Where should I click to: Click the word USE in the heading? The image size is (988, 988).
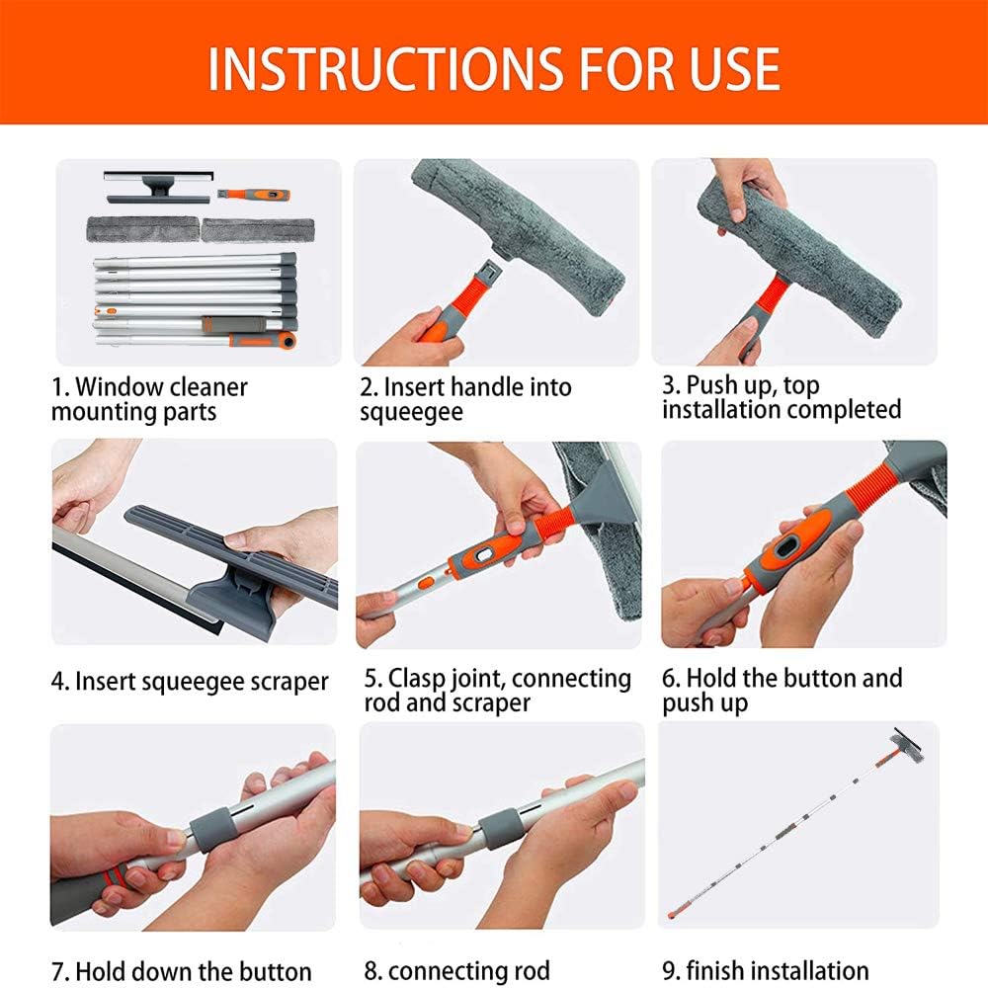[734, 68]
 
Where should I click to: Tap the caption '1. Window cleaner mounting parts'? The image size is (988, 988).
[149, 399]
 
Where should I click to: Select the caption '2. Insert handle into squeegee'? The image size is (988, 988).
[465, 399]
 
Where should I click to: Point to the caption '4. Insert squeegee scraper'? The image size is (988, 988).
[190, 682]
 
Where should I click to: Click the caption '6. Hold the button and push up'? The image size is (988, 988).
[782, 690]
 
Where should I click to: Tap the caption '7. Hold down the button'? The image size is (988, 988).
[182, 971]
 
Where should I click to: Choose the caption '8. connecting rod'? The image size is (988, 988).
[456, 971]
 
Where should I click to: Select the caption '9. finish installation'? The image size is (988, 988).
[765, 970]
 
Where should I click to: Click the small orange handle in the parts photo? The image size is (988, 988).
[254, 195]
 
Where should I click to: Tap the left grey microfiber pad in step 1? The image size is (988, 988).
[143, 229]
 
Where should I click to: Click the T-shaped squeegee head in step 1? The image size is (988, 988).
[157, 187]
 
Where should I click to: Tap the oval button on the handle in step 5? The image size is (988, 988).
[483, 554]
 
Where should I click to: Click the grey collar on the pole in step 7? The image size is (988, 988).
[213, 831]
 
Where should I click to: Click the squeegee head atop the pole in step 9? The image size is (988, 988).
[907, 745]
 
